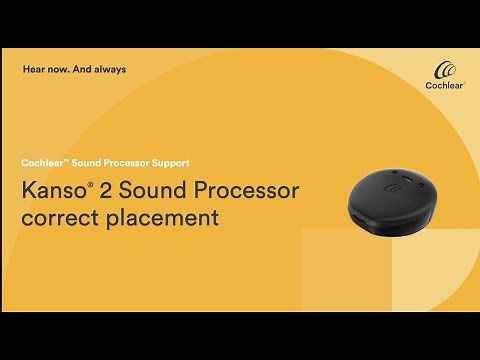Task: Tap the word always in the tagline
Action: [x=110, y=70]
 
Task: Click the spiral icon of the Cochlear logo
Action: [x=446, y=71]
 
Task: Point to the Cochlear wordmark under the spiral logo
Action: [x=446, y=87]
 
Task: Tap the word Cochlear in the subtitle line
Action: [x=42, y=162]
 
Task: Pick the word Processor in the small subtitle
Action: [x=128, y=162]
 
